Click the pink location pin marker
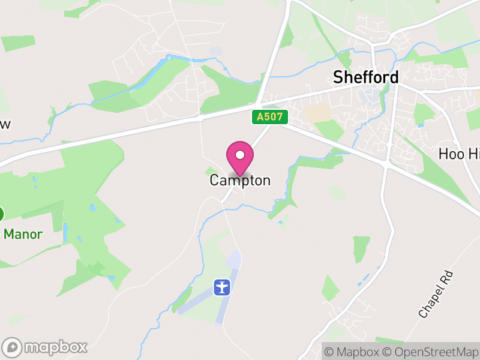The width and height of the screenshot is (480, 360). click(x=240, y=157)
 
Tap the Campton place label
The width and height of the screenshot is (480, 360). click(x=240, y=180)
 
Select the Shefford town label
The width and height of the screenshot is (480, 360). click(x=365, y=77)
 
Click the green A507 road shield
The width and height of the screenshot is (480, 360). click(x=269, y=117)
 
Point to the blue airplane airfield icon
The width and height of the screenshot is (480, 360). click(x=222, y=287)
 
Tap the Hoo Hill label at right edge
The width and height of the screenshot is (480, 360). click(x=460, y=154)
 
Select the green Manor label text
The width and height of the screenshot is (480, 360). click(x=23, y=234)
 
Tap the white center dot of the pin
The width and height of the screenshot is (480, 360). click(x=240, y=155)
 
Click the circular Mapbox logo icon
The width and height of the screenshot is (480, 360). click(x=13, y=347)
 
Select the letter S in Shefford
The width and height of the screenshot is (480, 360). click(x=338, y=77)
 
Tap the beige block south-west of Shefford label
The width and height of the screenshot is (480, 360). click(x=318, y=112)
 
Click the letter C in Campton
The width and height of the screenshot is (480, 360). click(x=214, y=180)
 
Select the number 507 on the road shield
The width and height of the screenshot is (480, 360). click(x=273, y=117)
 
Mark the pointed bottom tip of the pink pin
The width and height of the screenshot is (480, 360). click(x=240, y=175)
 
